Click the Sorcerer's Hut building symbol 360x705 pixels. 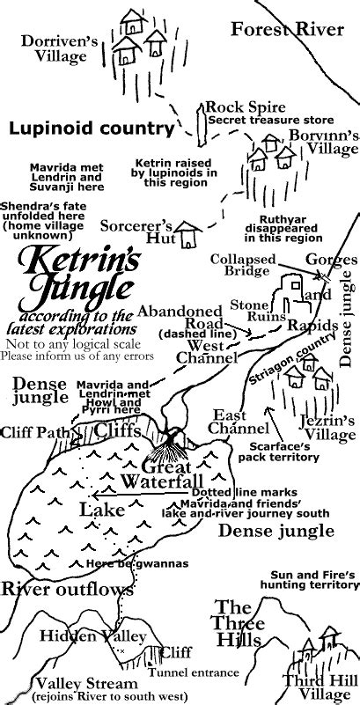(186, 235)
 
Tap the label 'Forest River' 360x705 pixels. (287, 31)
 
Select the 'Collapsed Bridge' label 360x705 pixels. (242, 266)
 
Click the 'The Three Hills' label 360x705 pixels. (239, 622)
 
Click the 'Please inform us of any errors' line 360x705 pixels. (77, 356)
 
